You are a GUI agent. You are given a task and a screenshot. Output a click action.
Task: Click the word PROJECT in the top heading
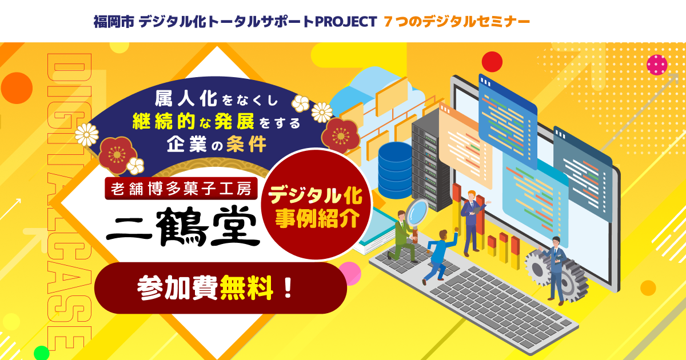[346, 22]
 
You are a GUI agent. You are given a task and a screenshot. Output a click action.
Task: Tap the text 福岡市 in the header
[114, 22]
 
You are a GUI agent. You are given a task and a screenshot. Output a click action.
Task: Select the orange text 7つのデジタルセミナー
[457, 22]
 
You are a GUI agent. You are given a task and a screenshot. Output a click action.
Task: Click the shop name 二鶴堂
[183, 226]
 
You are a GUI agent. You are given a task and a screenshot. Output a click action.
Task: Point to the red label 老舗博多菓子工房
[181, 189]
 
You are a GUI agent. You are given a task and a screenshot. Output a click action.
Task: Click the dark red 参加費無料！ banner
[221, 288]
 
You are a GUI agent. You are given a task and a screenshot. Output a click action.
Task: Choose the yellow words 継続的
[164, 121]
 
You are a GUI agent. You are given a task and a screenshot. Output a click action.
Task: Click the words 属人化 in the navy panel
[186, 98]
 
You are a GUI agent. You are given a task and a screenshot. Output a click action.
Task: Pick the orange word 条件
[246, 143]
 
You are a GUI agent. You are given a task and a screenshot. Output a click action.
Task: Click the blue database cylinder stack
[395, 170]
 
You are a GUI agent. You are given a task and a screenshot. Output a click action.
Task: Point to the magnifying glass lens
[417, 213]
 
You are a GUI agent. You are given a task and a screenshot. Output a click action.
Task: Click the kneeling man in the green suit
[402, 237]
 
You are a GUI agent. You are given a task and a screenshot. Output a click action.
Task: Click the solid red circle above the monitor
[492, 62]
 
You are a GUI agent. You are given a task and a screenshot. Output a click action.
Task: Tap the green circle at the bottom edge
[41, 353]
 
